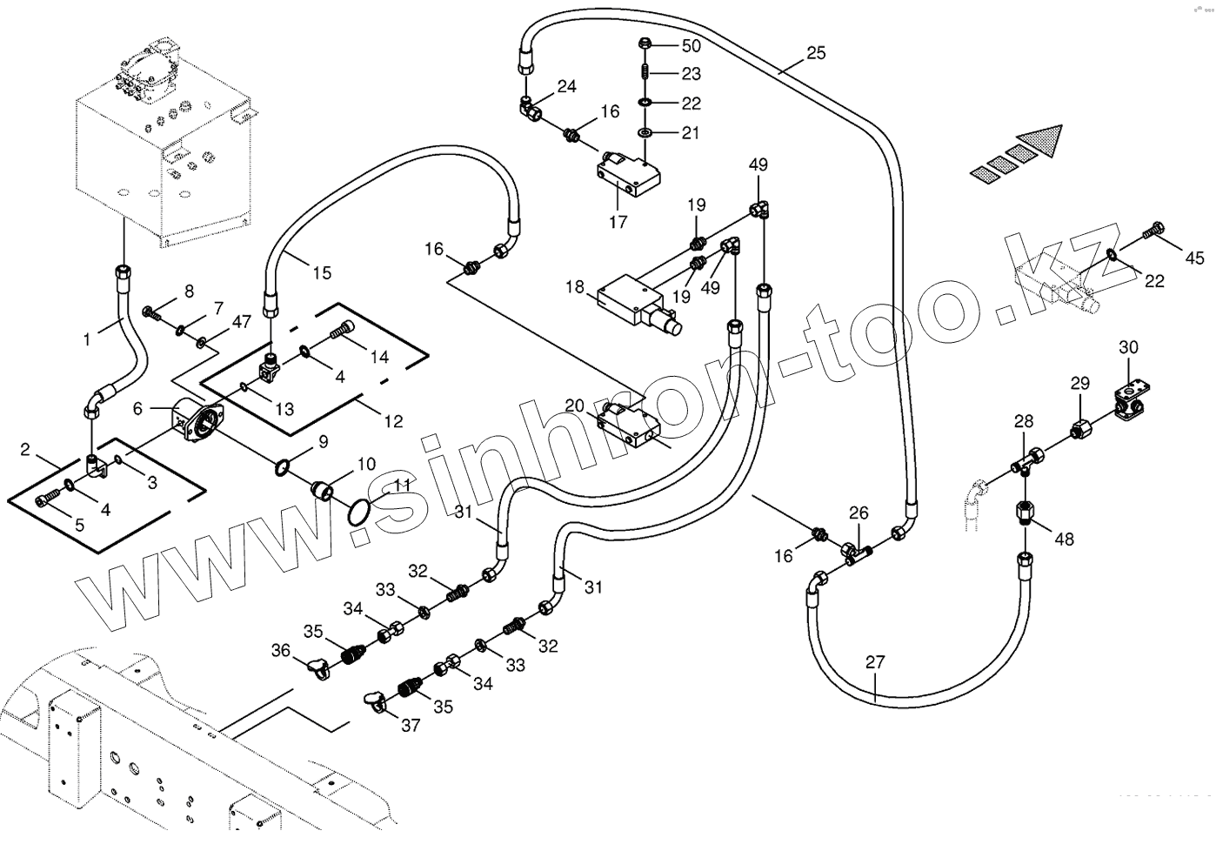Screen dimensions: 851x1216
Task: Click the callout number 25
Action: [815, 53]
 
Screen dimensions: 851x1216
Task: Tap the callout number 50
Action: [691, 45]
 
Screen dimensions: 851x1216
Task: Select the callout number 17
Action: [618, 222]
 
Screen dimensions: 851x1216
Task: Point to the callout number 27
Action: [875, 662]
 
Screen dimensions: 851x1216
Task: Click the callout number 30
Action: [1128, 347]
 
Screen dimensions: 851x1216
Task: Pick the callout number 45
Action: [1195, 258]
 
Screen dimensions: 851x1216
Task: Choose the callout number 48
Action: [1064, 539]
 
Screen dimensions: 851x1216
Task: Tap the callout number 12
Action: [393, 421]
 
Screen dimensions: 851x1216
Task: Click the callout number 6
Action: [137, 408]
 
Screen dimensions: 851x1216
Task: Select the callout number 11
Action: [401, 486]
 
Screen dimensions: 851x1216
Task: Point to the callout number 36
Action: [280, 650]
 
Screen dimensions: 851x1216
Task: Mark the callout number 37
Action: [410, 725]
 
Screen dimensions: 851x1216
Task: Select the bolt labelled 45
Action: [1152, 231]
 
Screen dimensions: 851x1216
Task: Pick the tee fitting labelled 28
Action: [1030, 458]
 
